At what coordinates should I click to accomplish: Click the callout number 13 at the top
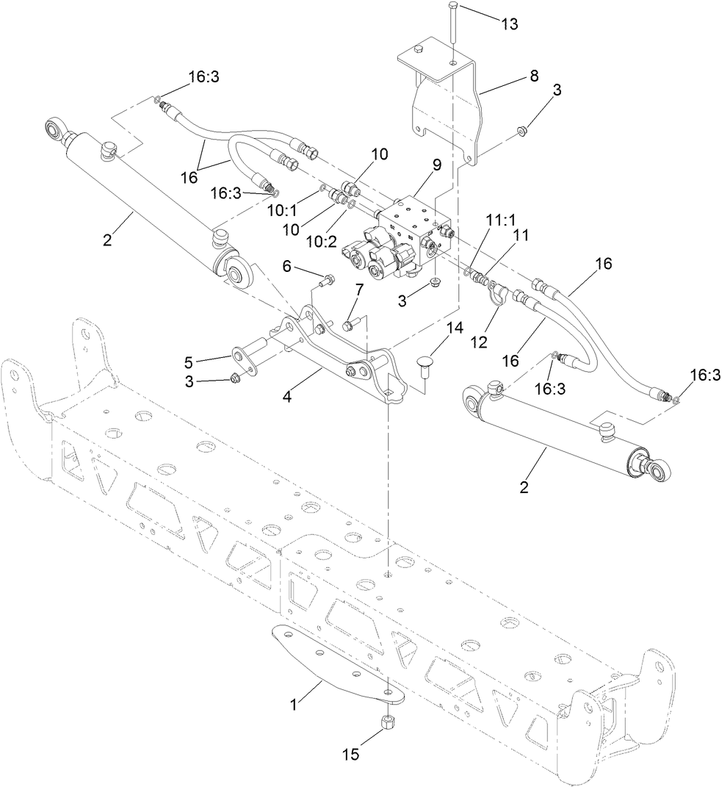[509, 24]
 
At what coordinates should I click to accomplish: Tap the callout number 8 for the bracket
[533, 75]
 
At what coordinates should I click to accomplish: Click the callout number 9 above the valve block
[437, 165]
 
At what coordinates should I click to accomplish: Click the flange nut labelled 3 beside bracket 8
[521, 131]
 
